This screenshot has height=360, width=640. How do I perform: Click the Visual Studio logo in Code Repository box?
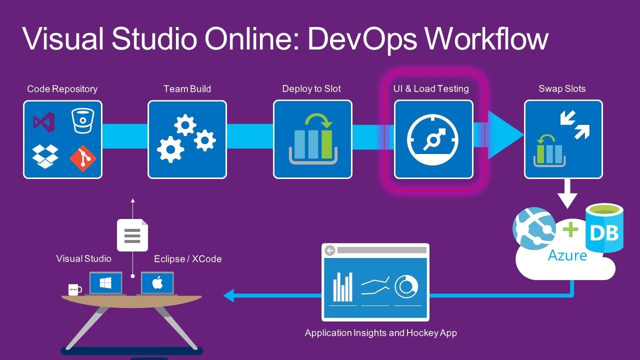(x=44, y=122)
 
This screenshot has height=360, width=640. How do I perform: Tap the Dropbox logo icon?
(x=45, y=155)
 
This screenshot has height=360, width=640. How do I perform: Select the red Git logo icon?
(x=82, y=157)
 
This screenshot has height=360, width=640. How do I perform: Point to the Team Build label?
(x=187, y=89)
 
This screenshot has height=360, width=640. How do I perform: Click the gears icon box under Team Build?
(x=187, y=139)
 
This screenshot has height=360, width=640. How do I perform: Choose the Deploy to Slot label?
(x=311, y=89)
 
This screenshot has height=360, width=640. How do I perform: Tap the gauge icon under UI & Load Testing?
(x=433, y=139)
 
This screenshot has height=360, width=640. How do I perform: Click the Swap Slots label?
(x=562, y=89)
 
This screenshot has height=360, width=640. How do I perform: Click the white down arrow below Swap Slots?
(x=567, y=195)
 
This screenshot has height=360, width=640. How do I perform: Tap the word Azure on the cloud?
(x=567, y=255)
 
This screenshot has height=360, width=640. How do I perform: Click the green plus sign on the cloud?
(x=570, y=229)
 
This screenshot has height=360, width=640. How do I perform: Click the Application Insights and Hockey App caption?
(x=380, y=332)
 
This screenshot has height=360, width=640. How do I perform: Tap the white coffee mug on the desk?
(x=74, y=289)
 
